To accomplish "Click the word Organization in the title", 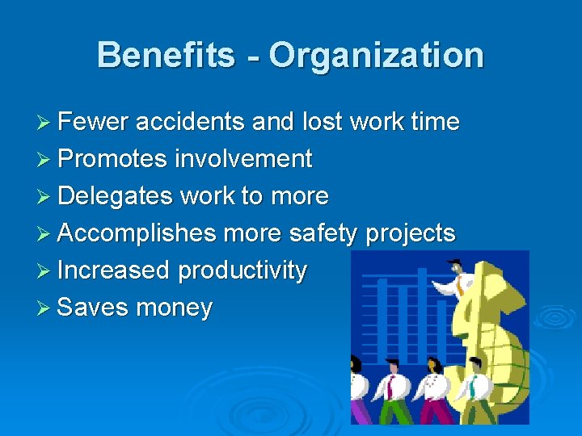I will [x=376, y=56].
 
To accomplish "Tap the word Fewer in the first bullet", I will [x=93, y=122].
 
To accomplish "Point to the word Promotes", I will [x=114, y=159].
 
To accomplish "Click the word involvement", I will [x=243, y=159].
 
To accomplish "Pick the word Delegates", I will [x=116, y=196].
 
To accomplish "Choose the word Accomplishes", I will [x=137, y=233].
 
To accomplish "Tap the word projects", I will [x=411, y=233].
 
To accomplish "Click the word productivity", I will [x=242, y=270].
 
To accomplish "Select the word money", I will [x=175, y=308].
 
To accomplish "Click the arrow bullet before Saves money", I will [x=44, y=308].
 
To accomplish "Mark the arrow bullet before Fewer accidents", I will [x=44, y=122].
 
